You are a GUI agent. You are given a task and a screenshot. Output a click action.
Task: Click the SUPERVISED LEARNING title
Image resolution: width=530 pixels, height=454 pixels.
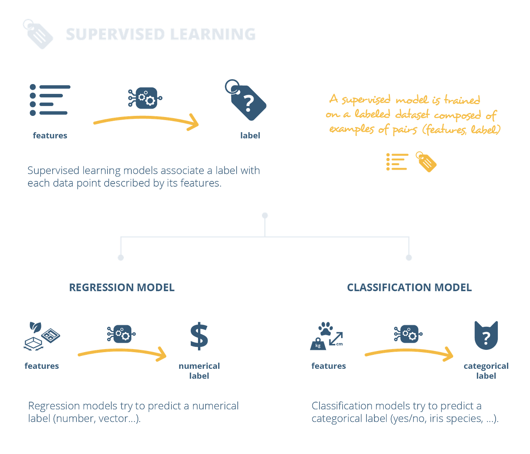(161, 34)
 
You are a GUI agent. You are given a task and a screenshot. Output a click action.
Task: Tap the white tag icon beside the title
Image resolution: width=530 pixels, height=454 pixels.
(38, 34)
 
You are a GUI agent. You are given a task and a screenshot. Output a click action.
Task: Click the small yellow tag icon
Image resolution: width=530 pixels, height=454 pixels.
(426, 162)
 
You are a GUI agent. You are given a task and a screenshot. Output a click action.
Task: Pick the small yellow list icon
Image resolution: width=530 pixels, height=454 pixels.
(397, 162)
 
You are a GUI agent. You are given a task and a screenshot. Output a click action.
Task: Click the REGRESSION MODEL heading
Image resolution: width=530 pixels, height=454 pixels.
(122, 287)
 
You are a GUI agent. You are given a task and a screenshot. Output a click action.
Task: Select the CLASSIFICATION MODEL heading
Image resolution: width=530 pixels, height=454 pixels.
(409, 287)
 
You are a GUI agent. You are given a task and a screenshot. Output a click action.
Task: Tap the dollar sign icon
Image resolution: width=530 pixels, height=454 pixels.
(199, 337)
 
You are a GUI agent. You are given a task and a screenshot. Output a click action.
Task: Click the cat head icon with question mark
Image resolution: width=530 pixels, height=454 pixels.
(486, 335)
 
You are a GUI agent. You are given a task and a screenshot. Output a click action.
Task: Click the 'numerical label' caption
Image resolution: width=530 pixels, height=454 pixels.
(199, 371)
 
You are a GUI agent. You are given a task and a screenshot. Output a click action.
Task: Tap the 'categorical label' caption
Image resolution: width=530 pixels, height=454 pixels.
(486, 371)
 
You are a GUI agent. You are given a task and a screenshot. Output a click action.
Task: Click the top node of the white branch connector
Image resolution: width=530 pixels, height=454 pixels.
(265, 215)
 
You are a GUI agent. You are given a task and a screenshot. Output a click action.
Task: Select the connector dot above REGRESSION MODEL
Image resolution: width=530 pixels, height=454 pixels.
(121, 258)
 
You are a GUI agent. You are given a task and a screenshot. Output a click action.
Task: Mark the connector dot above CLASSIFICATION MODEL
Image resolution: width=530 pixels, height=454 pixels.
(409, 258)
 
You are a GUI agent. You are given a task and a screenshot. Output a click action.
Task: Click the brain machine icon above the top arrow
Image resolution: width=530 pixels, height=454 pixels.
(145, 98)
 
